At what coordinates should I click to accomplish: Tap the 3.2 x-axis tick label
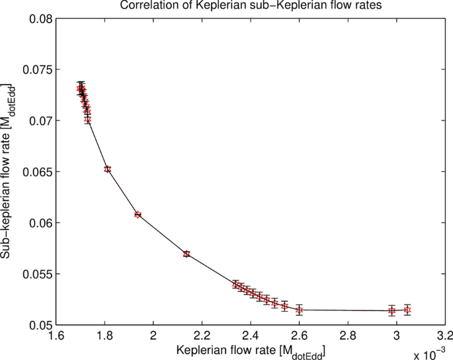click(444, 336)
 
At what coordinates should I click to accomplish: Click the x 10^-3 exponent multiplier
click(432, 353)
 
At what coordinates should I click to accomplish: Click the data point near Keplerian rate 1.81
click(108, 169)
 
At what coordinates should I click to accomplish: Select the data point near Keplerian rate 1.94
click(138, 214)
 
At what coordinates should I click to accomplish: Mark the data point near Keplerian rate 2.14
click(186, 253)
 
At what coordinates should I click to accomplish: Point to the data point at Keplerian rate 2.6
click(300, 310)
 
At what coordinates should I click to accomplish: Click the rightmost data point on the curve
click(407, 310)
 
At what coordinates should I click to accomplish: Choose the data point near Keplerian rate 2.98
click(392, 310)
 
